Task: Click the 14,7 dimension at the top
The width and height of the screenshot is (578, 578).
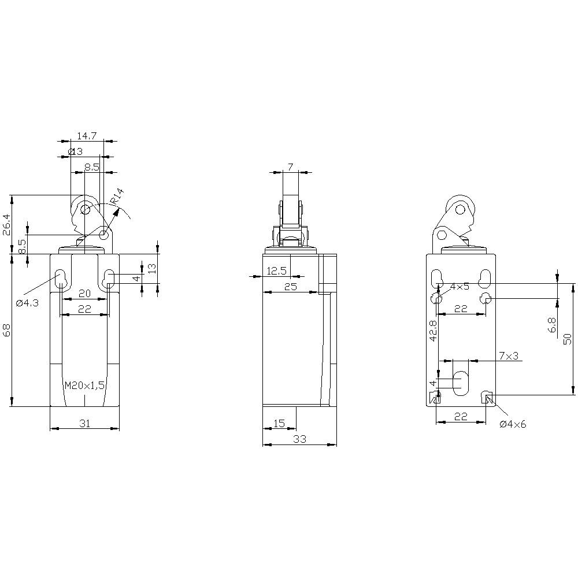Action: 86,136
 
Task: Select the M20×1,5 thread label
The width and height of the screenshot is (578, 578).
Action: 84,386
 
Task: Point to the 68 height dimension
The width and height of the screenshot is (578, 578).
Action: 6,331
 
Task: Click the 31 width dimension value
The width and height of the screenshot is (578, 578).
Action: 84,424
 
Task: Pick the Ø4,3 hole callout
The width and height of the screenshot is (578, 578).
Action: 28,303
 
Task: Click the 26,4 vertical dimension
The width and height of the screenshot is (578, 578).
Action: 6,224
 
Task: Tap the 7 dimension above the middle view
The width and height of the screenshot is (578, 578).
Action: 290,167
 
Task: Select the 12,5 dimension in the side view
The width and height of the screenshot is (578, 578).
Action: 277,271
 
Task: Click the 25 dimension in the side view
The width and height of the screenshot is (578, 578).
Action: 290,287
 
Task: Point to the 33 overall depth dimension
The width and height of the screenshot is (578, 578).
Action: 299,439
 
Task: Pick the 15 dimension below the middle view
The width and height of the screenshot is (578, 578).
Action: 279,424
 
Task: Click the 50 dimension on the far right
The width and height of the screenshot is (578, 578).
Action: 567,339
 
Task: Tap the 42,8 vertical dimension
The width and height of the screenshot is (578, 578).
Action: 433,332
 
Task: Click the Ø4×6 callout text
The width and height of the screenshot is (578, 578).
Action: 513,424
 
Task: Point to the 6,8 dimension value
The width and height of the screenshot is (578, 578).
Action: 551,325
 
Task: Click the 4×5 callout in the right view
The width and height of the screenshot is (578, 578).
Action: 460,287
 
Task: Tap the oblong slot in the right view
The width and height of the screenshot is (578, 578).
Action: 461,383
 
